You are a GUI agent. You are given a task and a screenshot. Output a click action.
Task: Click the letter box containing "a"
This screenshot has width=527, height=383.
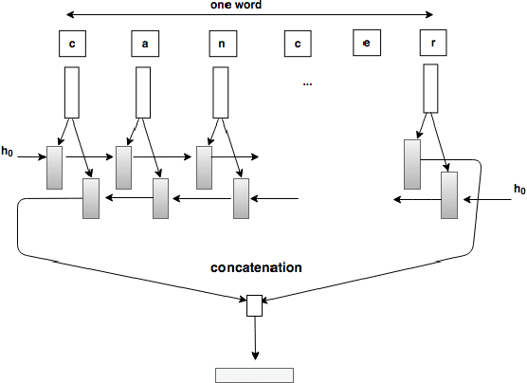[x=144, y=44]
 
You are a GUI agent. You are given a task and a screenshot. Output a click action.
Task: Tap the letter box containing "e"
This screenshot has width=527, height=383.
[x=366, y=44]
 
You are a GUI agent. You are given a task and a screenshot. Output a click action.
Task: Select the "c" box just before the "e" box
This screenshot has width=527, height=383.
[x=297, y=44]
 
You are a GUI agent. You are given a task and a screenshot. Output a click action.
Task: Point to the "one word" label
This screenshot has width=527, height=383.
[x=236, y=6]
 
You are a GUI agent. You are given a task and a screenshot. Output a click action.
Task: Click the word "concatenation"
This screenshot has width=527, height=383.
[x=256, y=268]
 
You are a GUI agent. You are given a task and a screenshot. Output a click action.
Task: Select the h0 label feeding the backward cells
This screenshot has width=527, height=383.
[x=518, y=190]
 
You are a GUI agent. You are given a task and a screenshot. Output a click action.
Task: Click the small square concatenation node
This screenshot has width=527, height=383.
[x=253, y=305]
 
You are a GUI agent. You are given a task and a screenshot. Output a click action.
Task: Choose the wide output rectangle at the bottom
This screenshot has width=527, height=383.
[x=254, y=374]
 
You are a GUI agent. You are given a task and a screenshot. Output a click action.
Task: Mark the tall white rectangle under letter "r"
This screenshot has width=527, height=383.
[x=429, y=88]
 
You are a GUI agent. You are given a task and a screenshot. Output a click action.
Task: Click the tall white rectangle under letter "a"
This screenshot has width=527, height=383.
[x=143, y=92]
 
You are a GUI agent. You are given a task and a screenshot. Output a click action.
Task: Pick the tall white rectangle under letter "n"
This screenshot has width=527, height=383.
[x=222, y=92]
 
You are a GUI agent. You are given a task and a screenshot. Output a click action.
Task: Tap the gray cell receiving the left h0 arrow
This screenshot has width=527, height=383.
[x=54, y=168]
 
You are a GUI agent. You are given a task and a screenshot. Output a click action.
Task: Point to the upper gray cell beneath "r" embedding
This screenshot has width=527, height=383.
[x=411, y=164]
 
